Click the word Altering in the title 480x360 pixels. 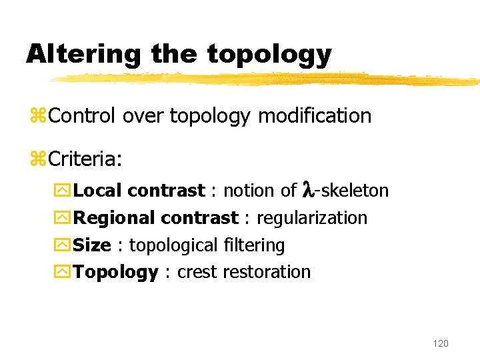click(x=84, y=54)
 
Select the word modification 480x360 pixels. click(x=314, y=116)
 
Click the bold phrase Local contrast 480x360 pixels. click(x=139, y=191)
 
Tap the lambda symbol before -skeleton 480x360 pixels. click(x=307, y=190)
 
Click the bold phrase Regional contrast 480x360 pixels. click(x=155, y=218)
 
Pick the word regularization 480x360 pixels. click(x=311, y=218)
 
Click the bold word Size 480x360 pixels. click(x=92, y=245)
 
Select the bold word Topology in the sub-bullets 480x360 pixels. click(x=115, y=273)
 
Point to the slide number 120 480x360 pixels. click(x=441, y=343)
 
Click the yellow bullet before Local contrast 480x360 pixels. click(x=65, y=191)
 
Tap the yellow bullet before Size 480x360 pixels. click(x=65, y=246)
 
